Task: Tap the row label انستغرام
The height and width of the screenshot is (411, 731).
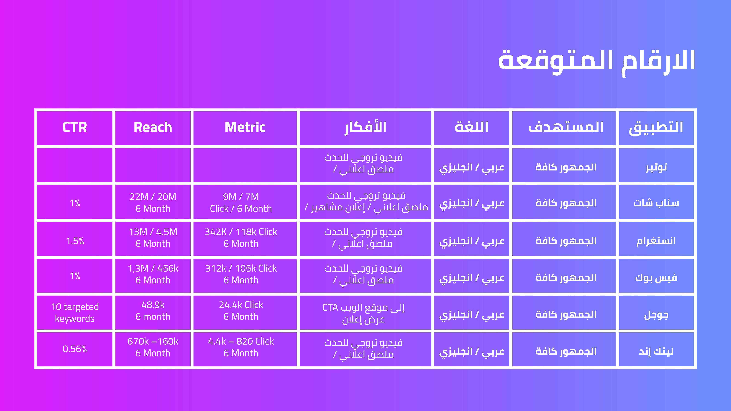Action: (656, 241)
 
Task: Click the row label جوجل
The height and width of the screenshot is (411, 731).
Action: (656, 315)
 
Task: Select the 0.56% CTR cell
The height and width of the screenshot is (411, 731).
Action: (75, 349)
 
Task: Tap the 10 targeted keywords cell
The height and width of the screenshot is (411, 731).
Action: (75, 313)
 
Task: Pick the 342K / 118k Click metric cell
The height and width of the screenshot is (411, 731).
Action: (241, 238)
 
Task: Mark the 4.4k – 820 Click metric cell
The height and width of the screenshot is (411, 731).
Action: (241, 347)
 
